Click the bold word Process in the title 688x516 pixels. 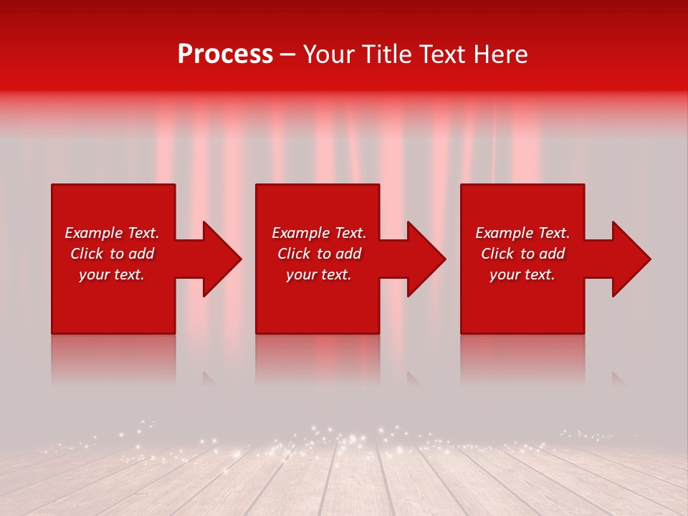tap(225, 54)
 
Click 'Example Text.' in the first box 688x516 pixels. tap(112, 233)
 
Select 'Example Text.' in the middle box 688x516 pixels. tap(319, 233)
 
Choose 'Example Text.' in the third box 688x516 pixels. tap(522, 233)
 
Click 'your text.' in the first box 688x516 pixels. tap(112, 274)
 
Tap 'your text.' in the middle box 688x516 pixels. tap(319, 274)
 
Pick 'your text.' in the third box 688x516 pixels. tap(522, 274)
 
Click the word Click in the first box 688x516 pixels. tap(87, 254)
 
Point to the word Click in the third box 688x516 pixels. tap(497, 254)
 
